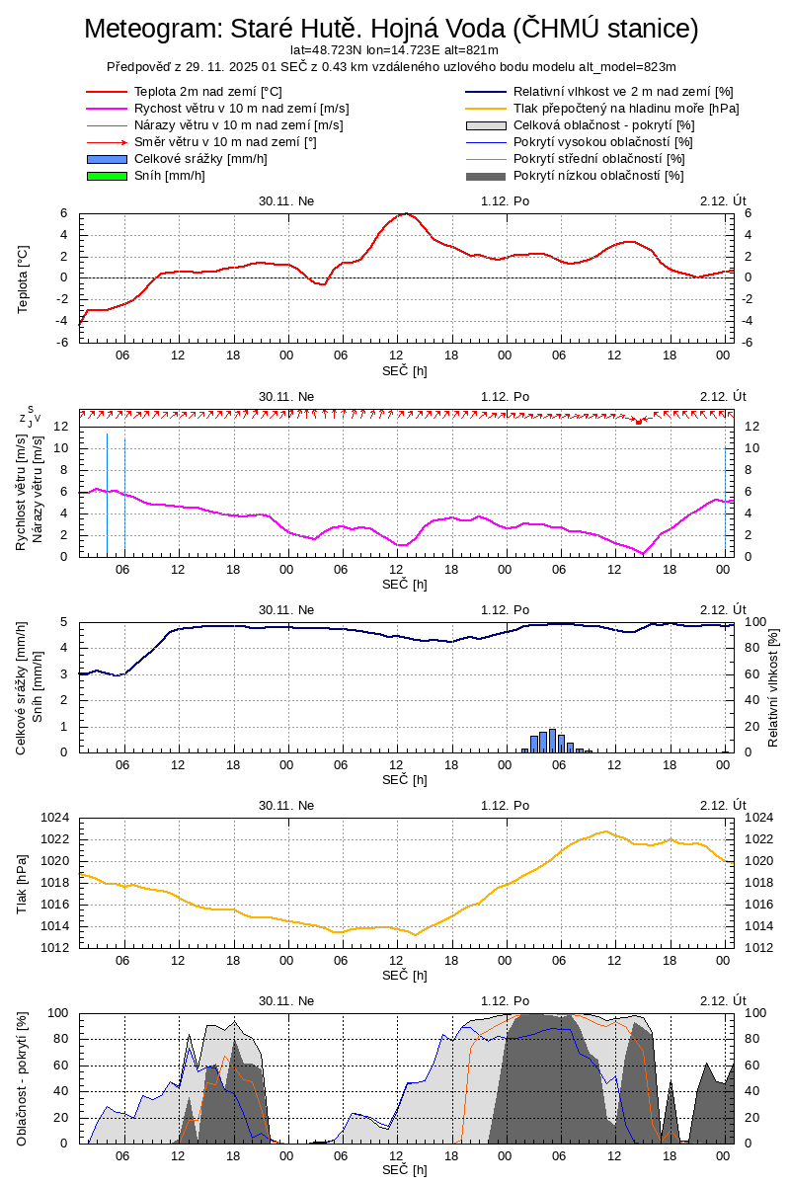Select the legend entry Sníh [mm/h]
(169, 176)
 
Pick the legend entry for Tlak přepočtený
(626, 109)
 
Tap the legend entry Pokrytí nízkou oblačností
(598, 176)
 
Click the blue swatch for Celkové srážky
(107, 159)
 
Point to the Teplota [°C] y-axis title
(24, 278)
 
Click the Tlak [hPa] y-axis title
(24, 882)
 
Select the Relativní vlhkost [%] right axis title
(772, 686)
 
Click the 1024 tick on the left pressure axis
(55, 818)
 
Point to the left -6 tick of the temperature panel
(59, 342)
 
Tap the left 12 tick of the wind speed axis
(59, 427)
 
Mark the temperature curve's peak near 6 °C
(405, 213)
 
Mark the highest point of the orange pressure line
(605, 831)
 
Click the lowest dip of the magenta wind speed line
(642, 553)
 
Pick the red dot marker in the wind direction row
(639, 422)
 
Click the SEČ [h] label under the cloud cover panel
(405, 1170)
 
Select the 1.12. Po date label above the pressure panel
(506, 805)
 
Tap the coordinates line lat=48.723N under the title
(394, 49)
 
